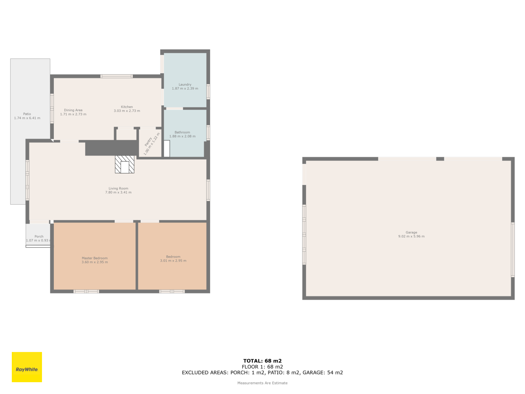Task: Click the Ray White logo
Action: click(x=27, y=367)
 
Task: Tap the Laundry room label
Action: click(x=185, y=84)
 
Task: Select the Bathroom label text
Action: click(x=182, y=132)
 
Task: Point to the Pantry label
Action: click(x=148, y=142)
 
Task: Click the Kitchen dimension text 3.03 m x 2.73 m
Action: click(x=127, y=111)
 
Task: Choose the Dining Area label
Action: click(x=73, y=110)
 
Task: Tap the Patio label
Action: click(x=27, y=114)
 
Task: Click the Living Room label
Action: click(x=118, y=188)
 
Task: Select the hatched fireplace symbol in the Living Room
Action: click(x=125, y=164)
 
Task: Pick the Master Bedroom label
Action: click(x=95, y=258)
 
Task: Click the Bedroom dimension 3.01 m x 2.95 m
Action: click(x=173, y=260)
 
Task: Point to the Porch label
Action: click(x=39, y=236)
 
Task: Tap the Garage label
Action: click(x=411, y=232)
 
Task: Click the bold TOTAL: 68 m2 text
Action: click(x=262, y=361)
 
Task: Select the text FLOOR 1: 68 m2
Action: click(x=262, y=367)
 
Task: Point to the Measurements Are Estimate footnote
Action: click(x=262, y=383)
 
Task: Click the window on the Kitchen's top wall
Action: click(x=116, y=76)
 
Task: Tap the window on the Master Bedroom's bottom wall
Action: click(x=86, y=291)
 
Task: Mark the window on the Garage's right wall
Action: click(x=513, y=250)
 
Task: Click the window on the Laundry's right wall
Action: click(x=208, y=91)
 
